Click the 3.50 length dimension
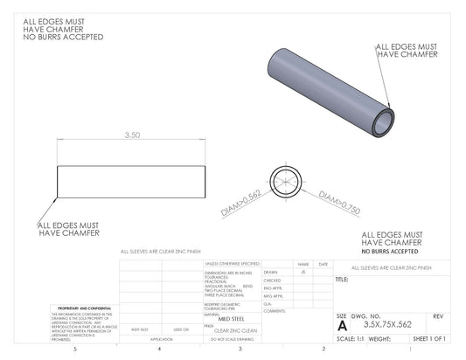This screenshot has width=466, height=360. point(133,135)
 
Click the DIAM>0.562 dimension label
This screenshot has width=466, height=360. point(242,204)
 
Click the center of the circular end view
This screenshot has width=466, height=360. point(285,182)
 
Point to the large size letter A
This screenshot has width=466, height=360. point(342,324)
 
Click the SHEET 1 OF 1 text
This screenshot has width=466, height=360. point(428,338)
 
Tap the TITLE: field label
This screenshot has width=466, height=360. point(342,280)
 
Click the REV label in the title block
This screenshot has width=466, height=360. point(438,315)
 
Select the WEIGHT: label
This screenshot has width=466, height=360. point(379,338)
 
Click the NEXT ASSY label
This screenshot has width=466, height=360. point(139,329)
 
